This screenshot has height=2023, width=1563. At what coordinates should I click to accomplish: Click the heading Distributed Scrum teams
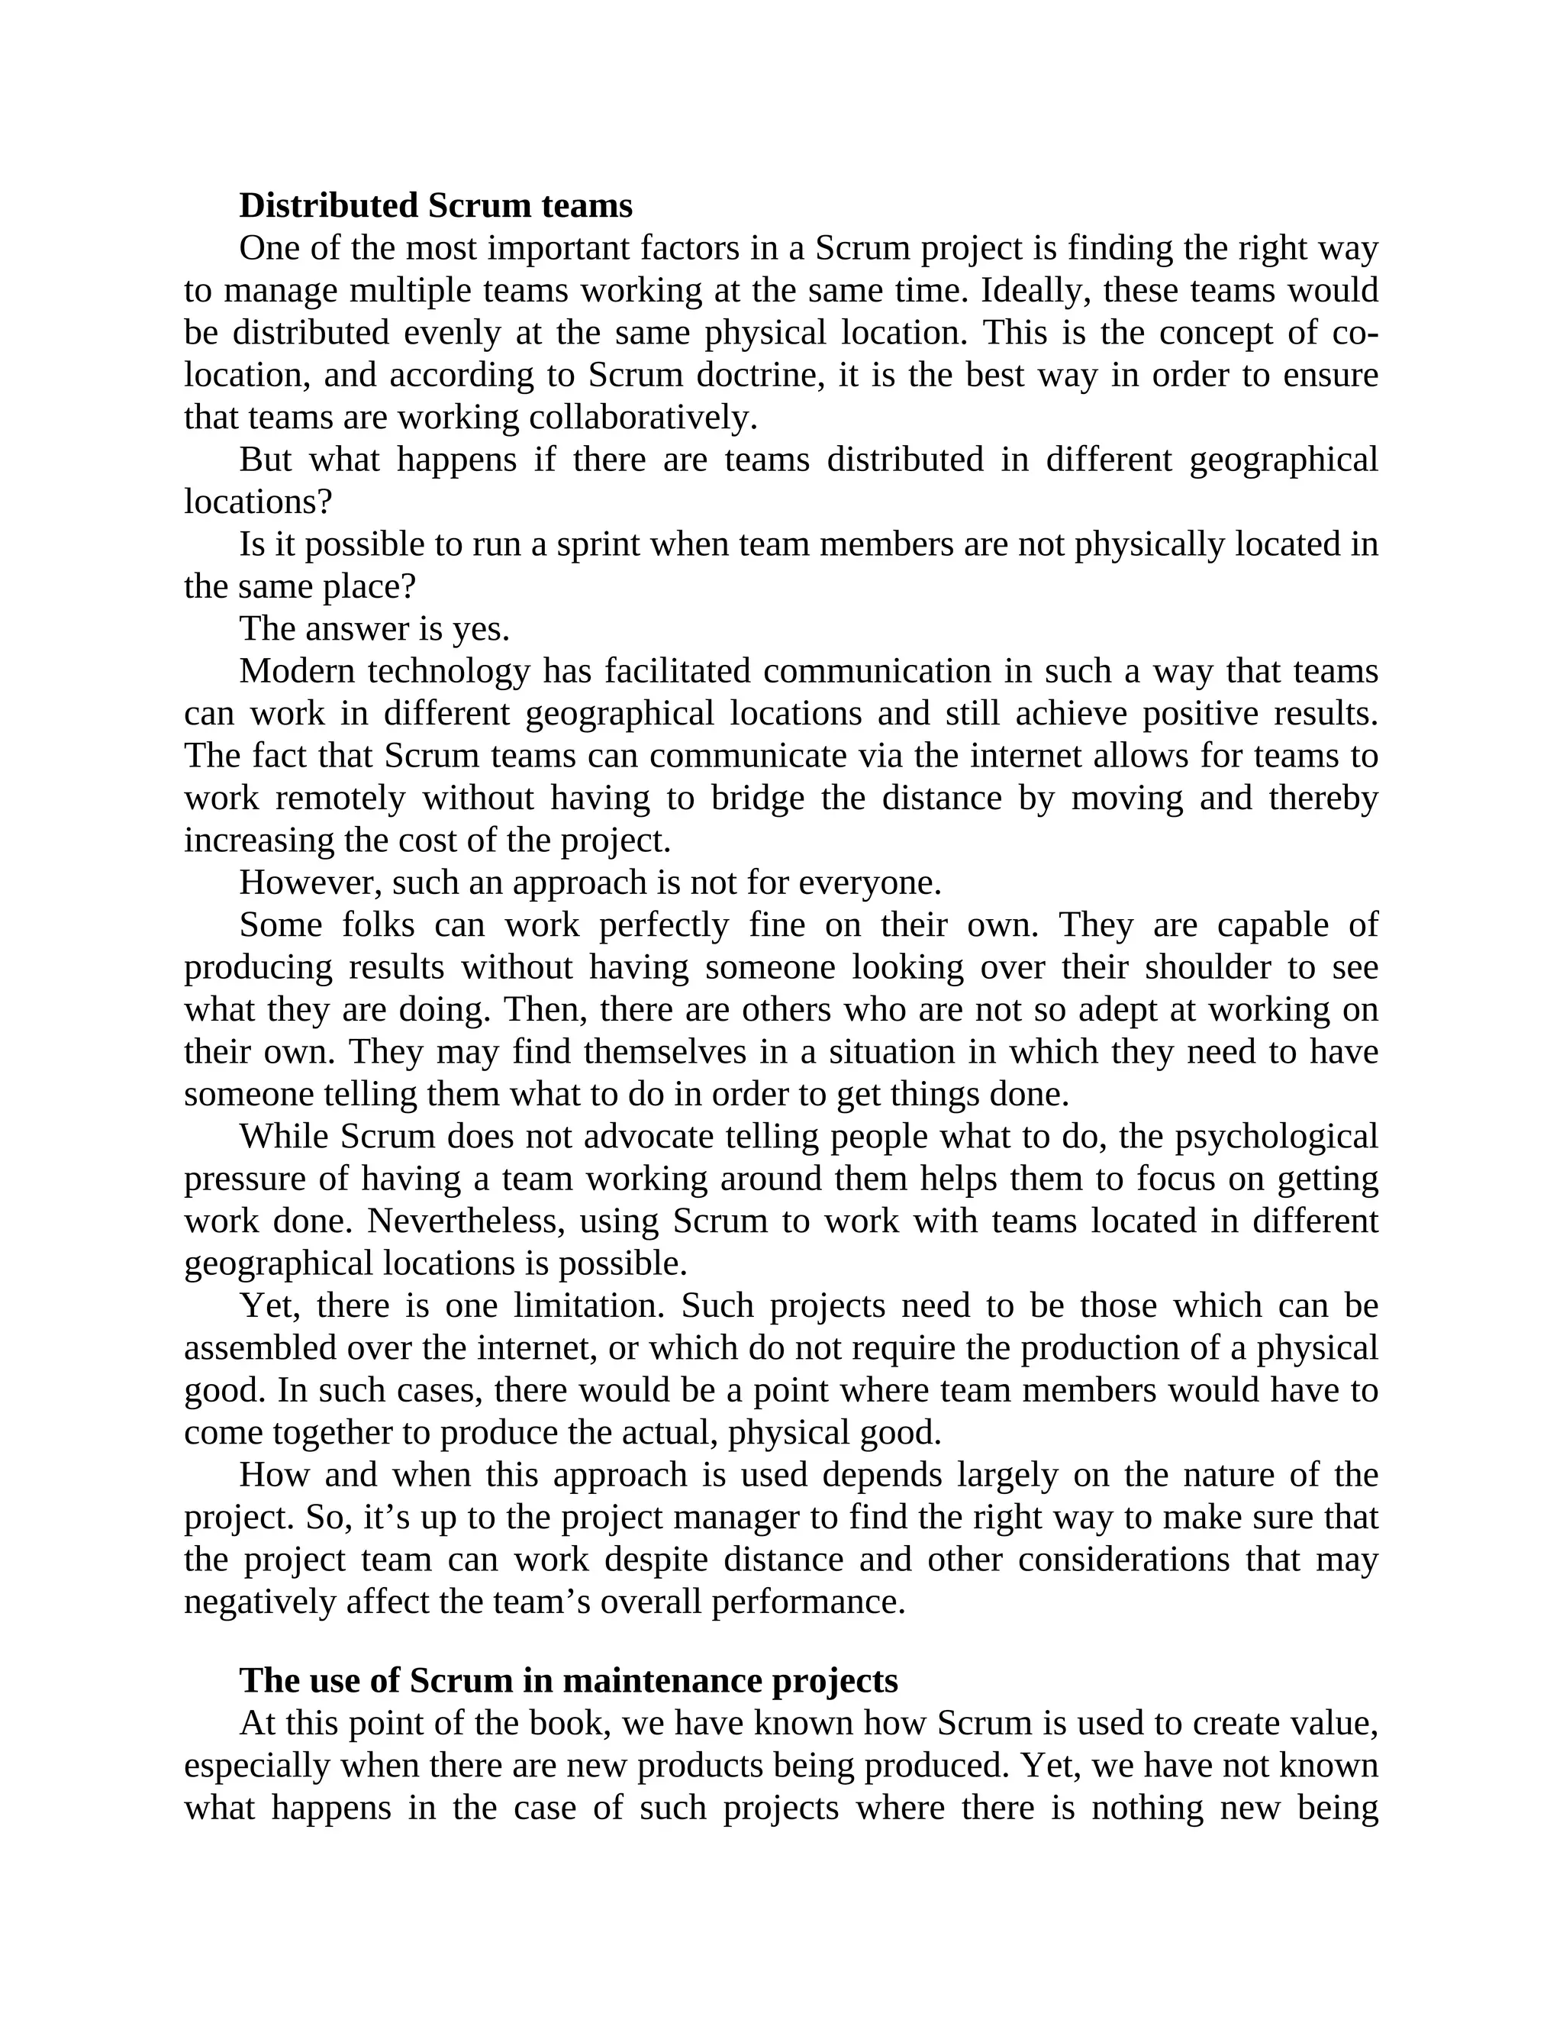[435, 205]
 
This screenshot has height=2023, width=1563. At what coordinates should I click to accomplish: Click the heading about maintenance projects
[569, 1680]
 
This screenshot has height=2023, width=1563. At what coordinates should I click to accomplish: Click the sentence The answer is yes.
[375, 629]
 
